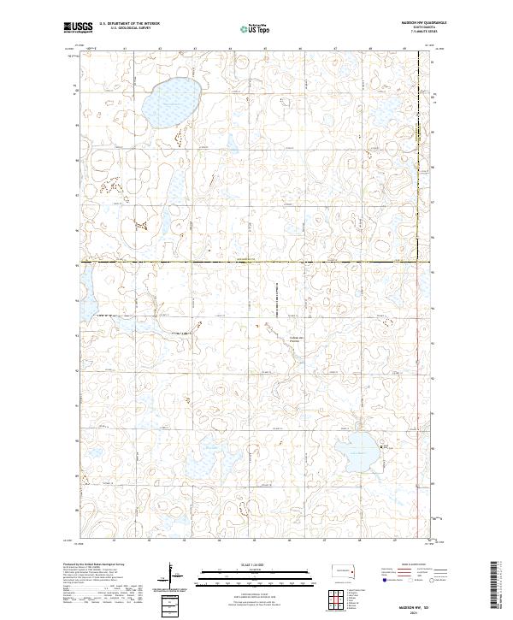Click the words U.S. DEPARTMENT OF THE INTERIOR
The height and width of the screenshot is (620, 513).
click(x=129, y=23)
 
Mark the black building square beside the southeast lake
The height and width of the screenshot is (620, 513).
click(x=386, y=446)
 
